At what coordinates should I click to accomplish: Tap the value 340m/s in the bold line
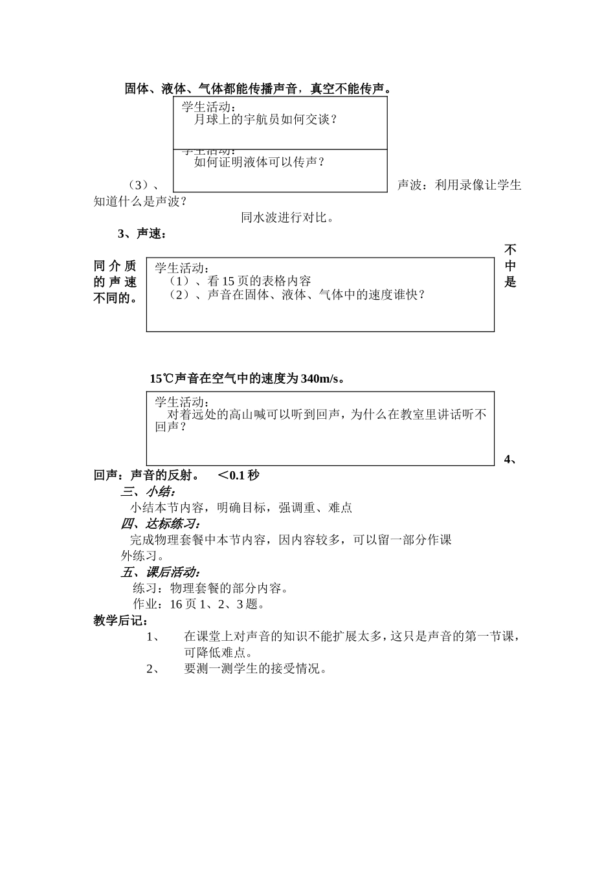(x=320, y=379)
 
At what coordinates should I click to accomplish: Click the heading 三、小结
(x=148, y=492)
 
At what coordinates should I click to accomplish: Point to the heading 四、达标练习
(x=161, y=524)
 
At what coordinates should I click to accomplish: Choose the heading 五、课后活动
(x=161, y=572)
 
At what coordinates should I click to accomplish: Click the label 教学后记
(x=121, y=621)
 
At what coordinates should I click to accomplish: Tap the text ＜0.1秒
(x=238, y=476)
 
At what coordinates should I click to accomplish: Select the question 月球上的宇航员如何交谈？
(x=265, y=120)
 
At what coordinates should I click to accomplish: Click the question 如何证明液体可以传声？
(x=259, y=162)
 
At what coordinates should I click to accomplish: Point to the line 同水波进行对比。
(x=287, y=217)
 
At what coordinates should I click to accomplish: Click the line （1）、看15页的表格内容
(x=239, y=281)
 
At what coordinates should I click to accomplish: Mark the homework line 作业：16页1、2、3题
(x=198, y=605)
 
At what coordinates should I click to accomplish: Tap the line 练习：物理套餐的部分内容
(x=210, y=588)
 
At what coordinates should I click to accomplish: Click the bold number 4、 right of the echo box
(x=510, y=460)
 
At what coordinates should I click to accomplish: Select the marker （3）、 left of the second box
(x=142, y=185)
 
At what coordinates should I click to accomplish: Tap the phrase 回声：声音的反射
(x=146, y=476)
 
